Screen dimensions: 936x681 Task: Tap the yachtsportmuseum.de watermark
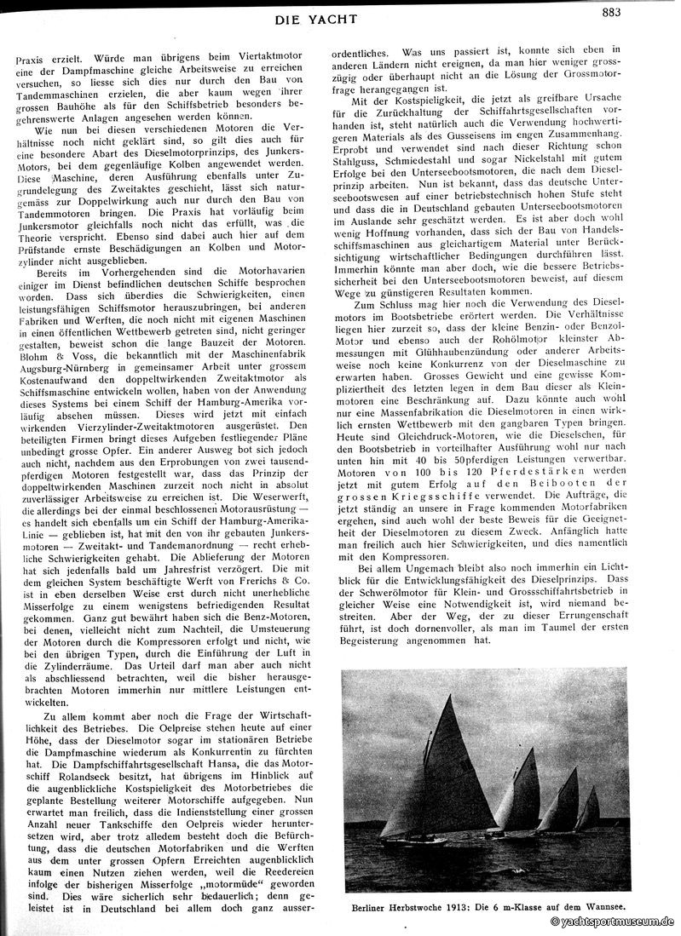pyautogui.click(x=611, y=922)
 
